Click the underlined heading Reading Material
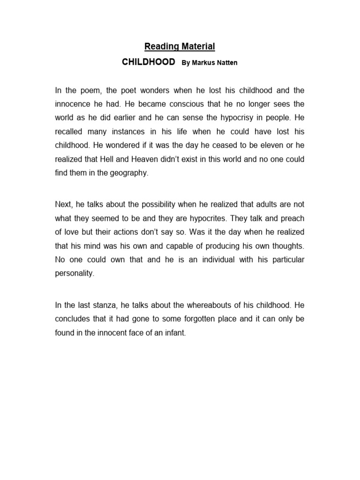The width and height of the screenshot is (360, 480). (x=180, y=46)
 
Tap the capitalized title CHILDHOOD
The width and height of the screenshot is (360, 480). (x=148, y=62)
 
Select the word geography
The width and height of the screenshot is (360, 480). (x=128, y=173)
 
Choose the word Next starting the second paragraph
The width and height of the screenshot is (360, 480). (x=63, y=204)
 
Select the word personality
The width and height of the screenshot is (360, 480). (x=75, y=274)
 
